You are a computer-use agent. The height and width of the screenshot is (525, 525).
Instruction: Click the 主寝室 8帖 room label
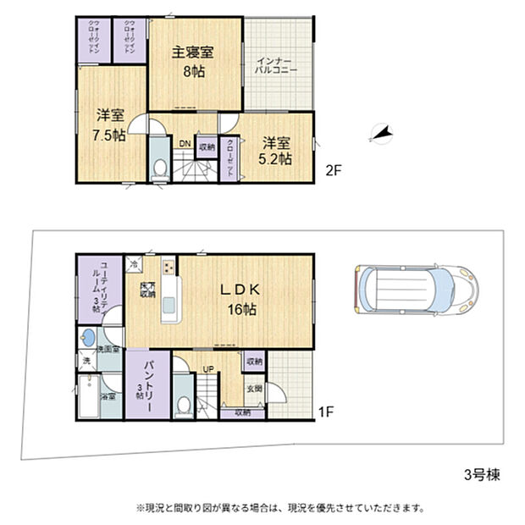pyautogui.click(x=193, y=61)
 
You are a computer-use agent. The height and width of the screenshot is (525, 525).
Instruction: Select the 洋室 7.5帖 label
pyautogui.click(x=110, y=124)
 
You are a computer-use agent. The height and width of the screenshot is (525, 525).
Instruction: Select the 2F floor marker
pyautogui.click(x=334, y=169)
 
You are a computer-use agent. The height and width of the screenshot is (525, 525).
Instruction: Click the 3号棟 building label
pyautogui.click(x=480, y=475)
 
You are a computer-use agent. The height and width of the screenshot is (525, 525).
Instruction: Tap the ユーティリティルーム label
pyautogui.click(x=98, y=288)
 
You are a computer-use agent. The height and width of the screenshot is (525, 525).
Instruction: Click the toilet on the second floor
pyautogui.click(x=158, y=167)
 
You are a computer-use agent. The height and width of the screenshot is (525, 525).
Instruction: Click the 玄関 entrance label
pyautogui.click(x=254, y=389)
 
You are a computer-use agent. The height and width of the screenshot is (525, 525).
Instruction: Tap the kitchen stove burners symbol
pyautogui.click(x=167, y=268)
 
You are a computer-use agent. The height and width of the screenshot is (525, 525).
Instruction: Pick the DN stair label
pyautogui.click(x=184, y=144)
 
